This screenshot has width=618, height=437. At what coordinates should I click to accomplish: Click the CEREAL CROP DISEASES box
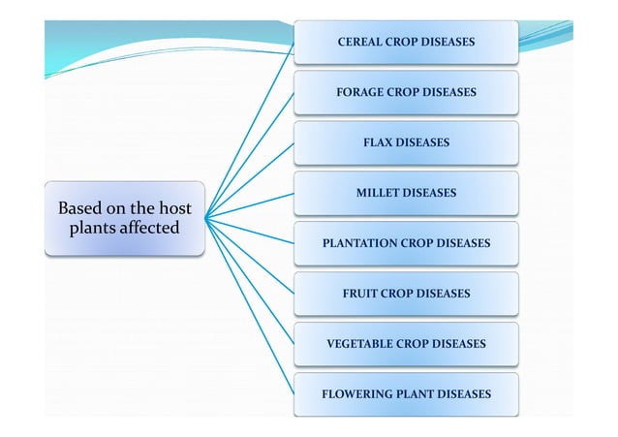point(406,43)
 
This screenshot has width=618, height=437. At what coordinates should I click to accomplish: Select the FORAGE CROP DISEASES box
point(406,93)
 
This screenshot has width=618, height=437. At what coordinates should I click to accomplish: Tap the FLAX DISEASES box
point(406,143)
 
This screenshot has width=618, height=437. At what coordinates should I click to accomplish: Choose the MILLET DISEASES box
point(406,193)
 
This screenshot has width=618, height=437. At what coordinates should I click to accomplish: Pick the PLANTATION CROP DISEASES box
point(406,243)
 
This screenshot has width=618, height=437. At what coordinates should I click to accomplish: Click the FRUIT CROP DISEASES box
point(406,294)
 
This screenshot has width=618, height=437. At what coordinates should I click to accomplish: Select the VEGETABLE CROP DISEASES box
point(406,344)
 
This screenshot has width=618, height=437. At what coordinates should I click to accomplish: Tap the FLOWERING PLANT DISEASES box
point(406,394)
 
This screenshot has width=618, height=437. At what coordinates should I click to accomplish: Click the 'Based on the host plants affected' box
point(125,218)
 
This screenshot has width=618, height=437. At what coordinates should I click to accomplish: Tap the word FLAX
point(377,143)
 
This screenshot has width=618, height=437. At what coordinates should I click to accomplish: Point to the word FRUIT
point(359,294)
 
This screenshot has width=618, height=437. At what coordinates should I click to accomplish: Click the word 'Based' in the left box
point(78,208)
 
